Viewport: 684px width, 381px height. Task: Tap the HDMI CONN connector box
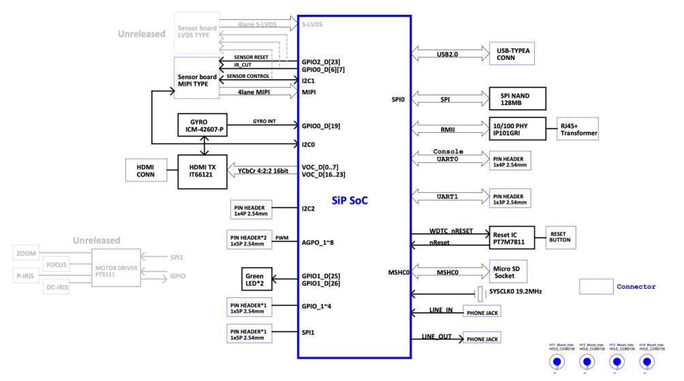[x=146, y=170]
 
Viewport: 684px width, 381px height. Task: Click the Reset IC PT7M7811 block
[x=512, y=237]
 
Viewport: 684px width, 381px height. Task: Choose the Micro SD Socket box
[x=509, y=271]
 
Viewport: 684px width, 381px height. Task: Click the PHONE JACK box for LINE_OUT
[x=482, y=339]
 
